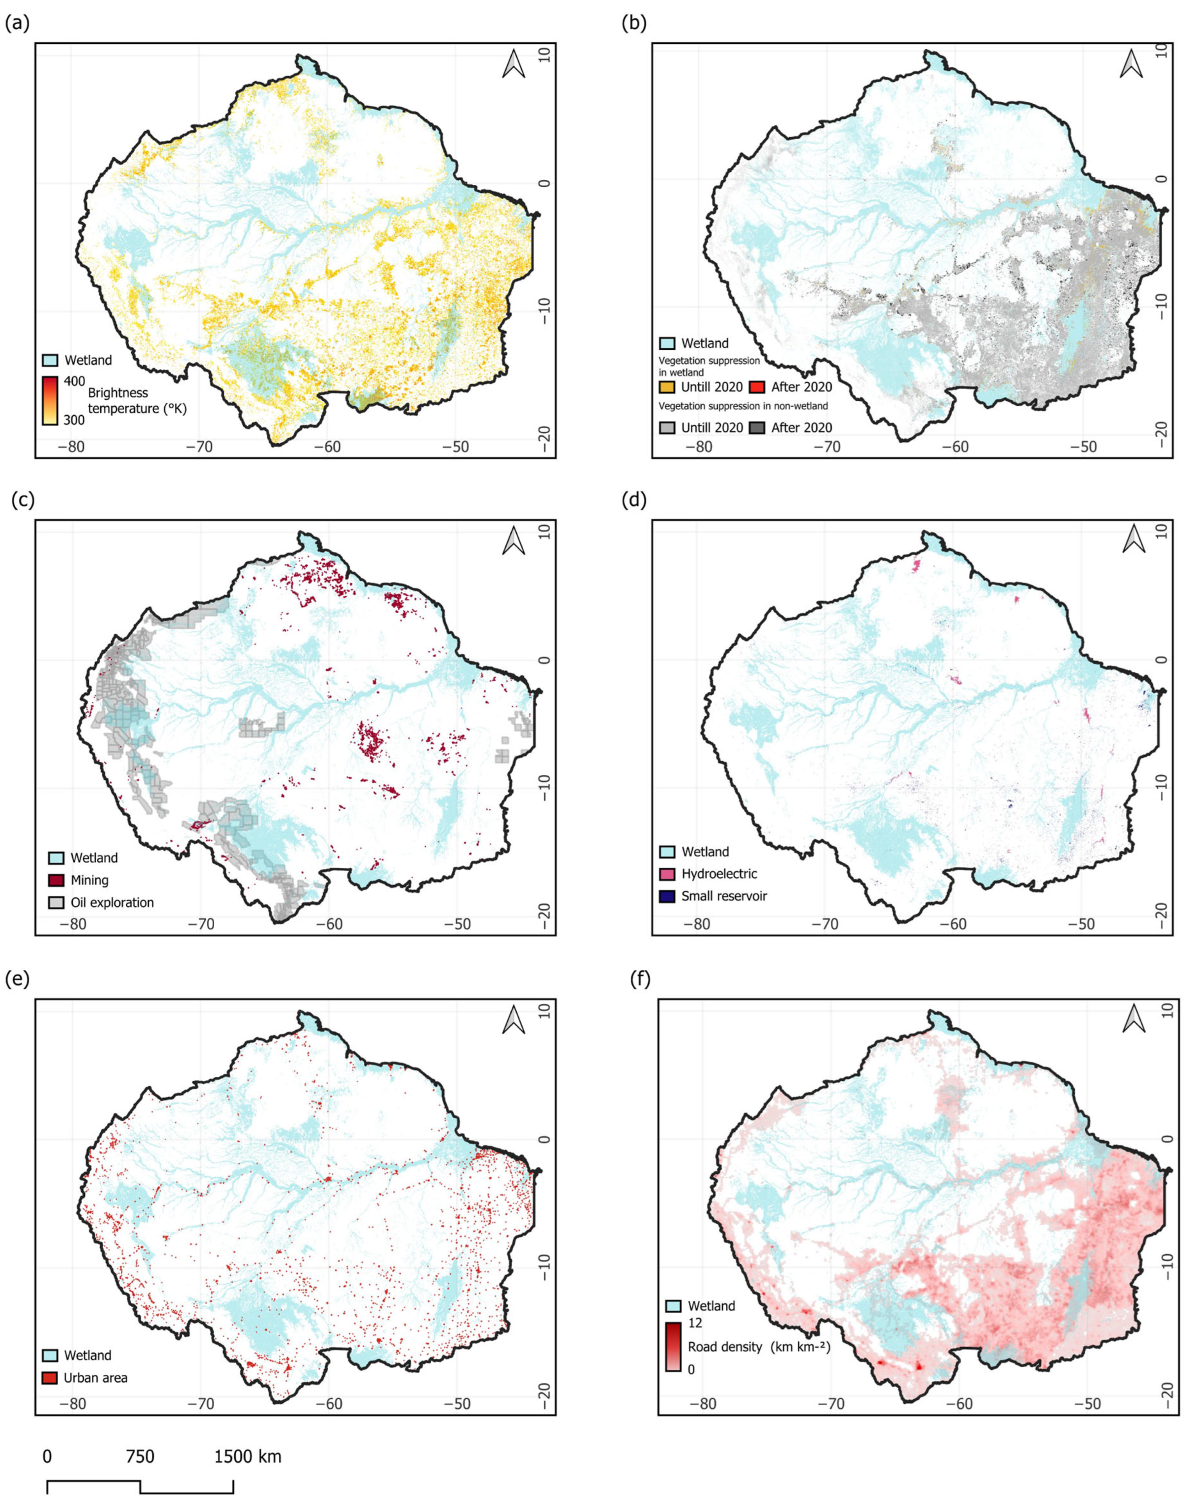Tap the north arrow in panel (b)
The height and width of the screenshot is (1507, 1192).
click(x=1131, y=63)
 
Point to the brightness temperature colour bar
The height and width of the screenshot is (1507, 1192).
click(x=50, y=401)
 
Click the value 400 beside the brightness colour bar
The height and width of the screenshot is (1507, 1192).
click(x=74, y=381)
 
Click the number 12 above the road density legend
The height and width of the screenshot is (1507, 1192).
click(x=695, y=1323)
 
